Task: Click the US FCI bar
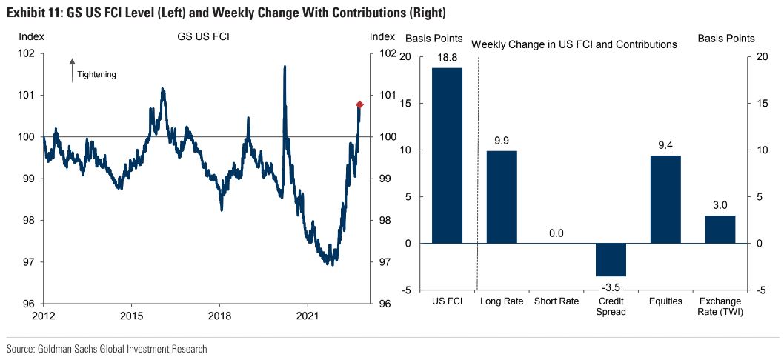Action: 448,156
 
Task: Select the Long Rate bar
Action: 502,197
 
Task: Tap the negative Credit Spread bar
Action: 611,259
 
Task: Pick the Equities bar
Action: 665,199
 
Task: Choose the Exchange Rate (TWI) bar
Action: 720,229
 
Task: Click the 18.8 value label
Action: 448,59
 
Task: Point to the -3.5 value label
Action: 611,287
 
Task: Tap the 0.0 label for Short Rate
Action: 557,233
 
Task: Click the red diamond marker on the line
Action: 359,104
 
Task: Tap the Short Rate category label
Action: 557,301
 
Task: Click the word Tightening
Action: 96,74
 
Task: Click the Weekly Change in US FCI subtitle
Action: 574,44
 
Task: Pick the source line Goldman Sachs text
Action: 107,348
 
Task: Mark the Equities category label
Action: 665,301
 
